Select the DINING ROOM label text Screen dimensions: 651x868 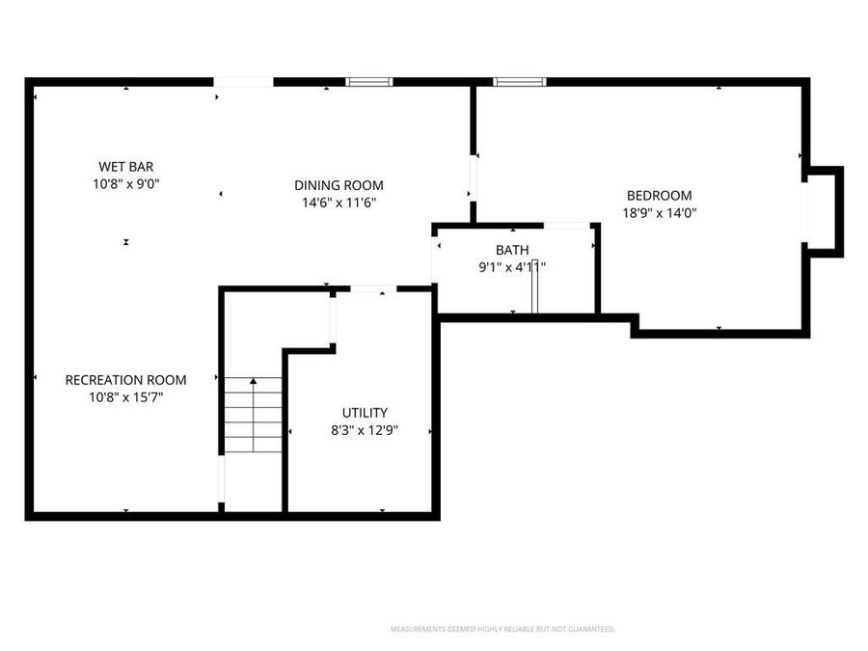(339, 185)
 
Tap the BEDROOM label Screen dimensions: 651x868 (660, 196)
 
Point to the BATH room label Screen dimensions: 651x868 (512, 251)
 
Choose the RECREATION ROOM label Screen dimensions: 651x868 (125, 380)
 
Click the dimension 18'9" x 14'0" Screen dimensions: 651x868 (660, 213)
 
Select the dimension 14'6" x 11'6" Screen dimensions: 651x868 (339, 203)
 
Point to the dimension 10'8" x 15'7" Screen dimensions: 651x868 (125, 397)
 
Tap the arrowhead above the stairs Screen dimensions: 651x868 (253, 383)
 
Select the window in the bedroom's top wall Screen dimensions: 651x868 (520, 82)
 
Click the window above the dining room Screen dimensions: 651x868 (369, 82)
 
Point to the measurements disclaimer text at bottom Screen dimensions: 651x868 (502, 629)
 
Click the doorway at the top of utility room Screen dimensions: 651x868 (372, 288)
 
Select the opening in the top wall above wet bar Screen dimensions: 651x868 (243, 82)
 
